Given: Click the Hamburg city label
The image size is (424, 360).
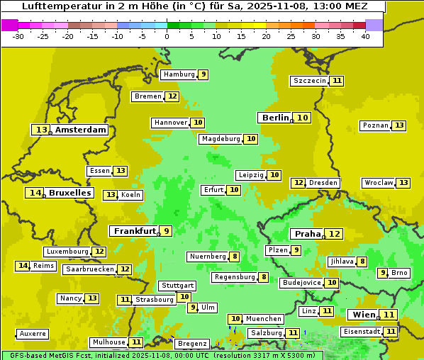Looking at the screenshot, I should tap(179, 74).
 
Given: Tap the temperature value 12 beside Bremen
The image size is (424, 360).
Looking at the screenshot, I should tap(172, 96).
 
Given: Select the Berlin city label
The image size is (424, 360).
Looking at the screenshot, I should tap(275, 118).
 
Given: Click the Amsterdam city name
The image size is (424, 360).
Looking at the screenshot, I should tap(81, 130).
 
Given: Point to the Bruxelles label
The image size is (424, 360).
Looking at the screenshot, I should tap(69, 193).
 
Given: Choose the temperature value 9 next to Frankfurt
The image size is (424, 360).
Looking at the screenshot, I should tap(166, 231).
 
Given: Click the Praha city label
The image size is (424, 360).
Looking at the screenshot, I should tap(308, 234).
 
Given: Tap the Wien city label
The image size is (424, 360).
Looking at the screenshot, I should tap(362, 315).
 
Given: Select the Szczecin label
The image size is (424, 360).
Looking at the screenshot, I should tap(310, 81).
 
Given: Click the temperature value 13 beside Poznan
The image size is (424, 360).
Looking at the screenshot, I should tap(399, 125).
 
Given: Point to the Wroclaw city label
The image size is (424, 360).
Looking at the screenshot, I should tap(378, 183).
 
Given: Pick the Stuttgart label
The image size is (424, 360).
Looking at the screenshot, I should tap(177, 286).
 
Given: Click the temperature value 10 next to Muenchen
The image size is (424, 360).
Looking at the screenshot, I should tap(235, 319).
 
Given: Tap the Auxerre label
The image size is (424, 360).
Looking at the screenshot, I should tap(33, 334).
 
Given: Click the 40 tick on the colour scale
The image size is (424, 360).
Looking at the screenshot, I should tap(365, 36).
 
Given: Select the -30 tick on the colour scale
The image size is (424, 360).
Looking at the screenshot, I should tap(18, 36).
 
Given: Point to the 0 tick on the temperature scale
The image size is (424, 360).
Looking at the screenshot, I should tap(167, 36).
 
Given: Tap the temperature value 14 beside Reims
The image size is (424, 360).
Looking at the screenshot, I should tap(23, 266).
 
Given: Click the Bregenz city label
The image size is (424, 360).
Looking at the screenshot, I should tap(192, 344).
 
